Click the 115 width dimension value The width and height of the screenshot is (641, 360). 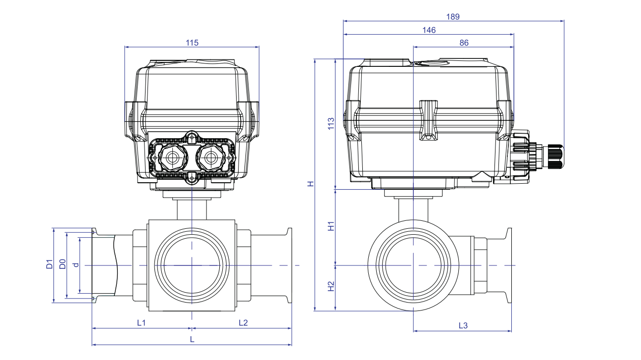tap(192, 43)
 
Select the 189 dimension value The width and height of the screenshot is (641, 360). tap(452, 16)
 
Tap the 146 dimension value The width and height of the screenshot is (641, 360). tap(429, 30)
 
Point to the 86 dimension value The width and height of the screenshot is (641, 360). tap(464, 43)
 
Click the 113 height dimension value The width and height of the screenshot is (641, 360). tap(331, 123)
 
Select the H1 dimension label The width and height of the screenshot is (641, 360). tap(331, 226)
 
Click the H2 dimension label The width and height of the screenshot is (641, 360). tap(331, 287)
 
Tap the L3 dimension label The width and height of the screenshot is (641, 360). tap(463, 325)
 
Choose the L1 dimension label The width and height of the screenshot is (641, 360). tap(141, 322)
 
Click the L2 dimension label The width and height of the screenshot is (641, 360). tap(243, 322)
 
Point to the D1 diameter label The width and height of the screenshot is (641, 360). tap(49, 264)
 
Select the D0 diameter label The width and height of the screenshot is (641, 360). tap(62, 264)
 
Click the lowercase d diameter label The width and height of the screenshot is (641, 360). tap(75, 265)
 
